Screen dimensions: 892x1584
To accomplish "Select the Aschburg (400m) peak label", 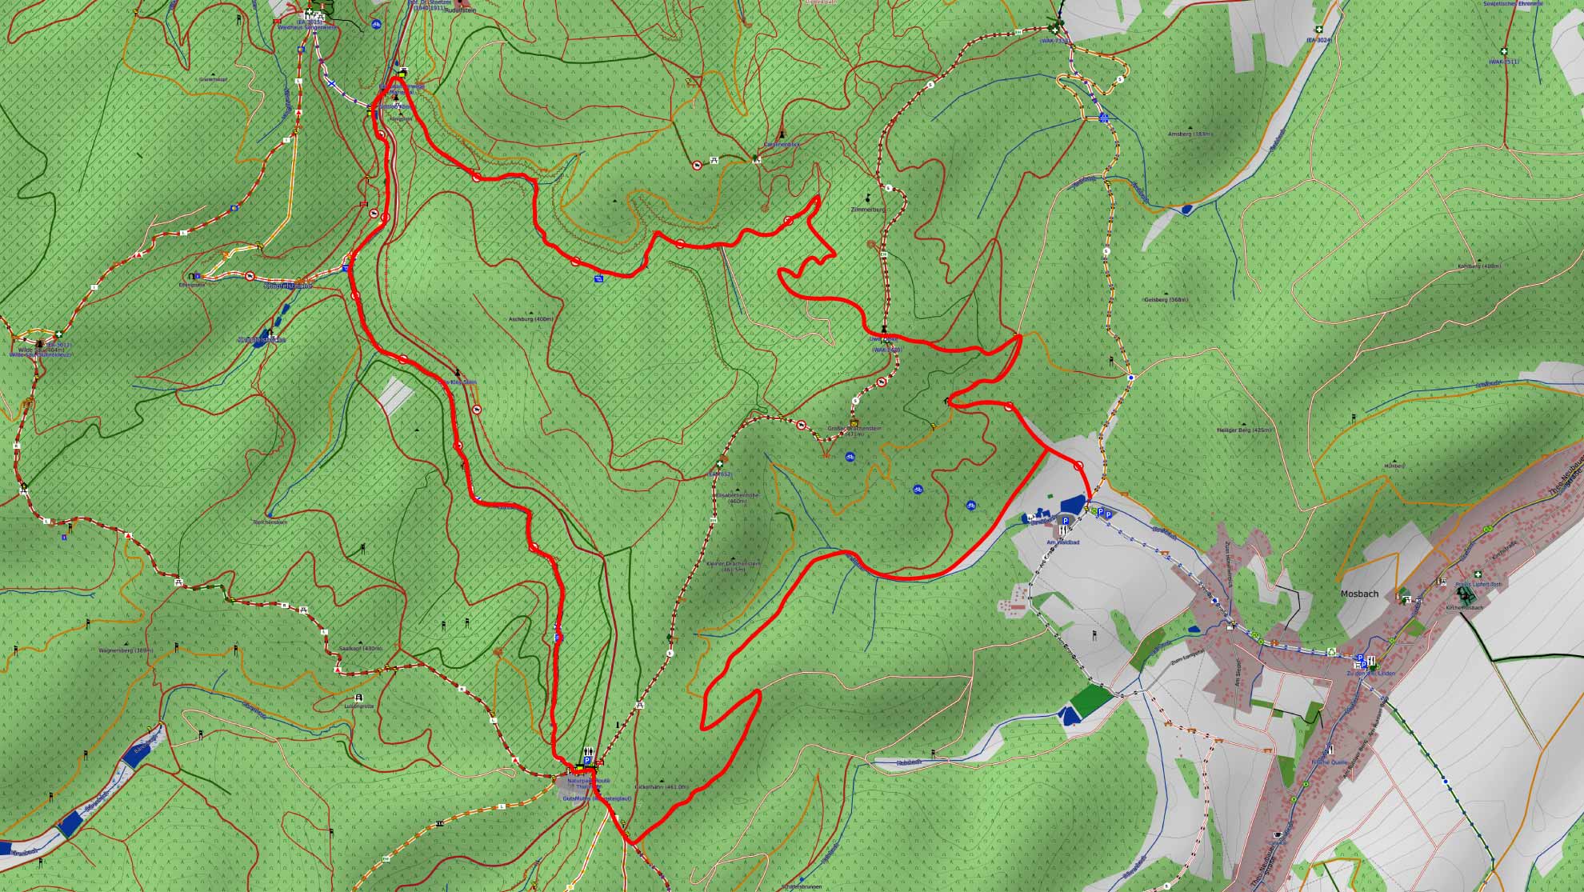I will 530,319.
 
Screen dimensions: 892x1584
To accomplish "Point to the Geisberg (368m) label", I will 1166,300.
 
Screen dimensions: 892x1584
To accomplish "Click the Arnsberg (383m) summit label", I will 1190,134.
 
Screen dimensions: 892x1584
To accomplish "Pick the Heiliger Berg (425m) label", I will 1243,430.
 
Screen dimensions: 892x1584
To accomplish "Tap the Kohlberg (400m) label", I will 1479,266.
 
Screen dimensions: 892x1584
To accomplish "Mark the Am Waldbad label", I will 1063,542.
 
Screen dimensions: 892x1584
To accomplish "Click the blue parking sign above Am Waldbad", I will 1065,521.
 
